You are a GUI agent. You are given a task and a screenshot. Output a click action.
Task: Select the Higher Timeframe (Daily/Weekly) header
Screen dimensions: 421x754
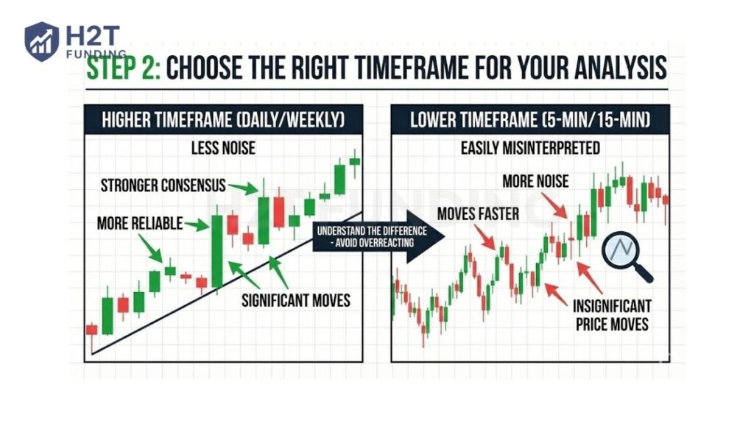click(x=222, y=118)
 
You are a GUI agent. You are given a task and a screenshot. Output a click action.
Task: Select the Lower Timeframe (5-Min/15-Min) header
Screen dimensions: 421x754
click(x=530, y=118)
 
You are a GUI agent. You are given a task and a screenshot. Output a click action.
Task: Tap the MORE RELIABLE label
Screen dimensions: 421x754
click(x=139, y=223)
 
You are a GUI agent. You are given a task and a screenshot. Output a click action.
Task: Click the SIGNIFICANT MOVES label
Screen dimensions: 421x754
click(x=296, y=300)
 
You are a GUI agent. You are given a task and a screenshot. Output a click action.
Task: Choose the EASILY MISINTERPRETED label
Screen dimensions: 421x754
click(x=530, y=148)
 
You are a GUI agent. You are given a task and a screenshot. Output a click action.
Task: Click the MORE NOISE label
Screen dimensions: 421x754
click(x=535, y=180)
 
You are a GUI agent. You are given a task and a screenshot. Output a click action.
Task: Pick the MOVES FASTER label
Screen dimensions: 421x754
click(x=478, y=214)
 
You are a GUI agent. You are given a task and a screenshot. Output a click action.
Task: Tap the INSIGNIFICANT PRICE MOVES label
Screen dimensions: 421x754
click(x=612, y=314)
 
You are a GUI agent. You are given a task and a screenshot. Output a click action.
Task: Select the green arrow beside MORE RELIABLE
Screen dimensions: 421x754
click(x=196, y=224)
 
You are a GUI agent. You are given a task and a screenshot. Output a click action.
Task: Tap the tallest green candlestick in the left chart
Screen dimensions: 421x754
click(x=216, y=251)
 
